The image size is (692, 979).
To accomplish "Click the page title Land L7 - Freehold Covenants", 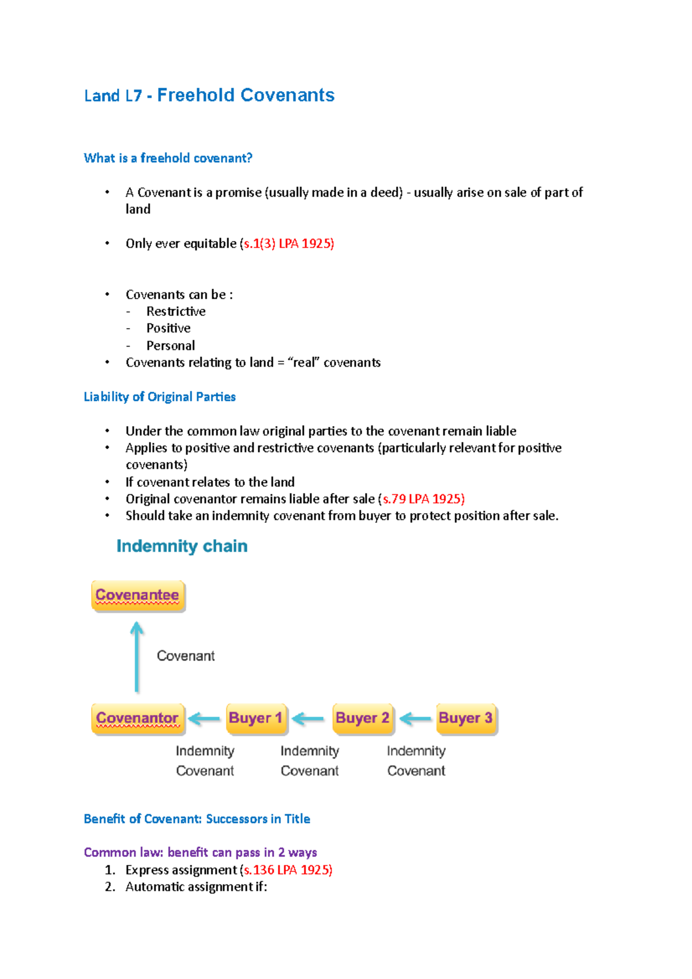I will click(x=209, y=95).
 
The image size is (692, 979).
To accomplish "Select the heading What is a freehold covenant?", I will click(x=168, y=158).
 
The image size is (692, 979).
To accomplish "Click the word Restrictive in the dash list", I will click(x=176, y=311).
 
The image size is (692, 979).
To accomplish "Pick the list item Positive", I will click(x=168, y=328).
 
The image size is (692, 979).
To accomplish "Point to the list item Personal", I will click(x=171, y=345).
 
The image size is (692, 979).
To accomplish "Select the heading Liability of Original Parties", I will click(x=160, y=397).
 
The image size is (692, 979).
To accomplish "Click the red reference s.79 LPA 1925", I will click(x=423, y=499).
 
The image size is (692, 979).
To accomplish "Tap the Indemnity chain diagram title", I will click(x=182, y=546).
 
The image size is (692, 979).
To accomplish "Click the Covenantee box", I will click(x=138, y=595).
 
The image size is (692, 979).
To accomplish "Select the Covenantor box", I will click(x=138, y=718).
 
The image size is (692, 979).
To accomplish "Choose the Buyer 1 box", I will click(x=255, y=718).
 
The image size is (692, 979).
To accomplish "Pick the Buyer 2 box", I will click(x=362, y=718).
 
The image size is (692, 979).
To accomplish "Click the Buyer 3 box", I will click(x=465, y=718).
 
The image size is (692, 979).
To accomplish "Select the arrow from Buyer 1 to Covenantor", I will click(x=204, y=718).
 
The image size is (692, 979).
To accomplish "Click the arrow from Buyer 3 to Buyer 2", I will click(x=415, y=718).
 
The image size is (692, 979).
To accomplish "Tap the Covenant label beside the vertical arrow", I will click(x=186, y=656).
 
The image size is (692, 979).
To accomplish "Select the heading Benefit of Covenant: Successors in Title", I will click(x=197, y=819).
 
